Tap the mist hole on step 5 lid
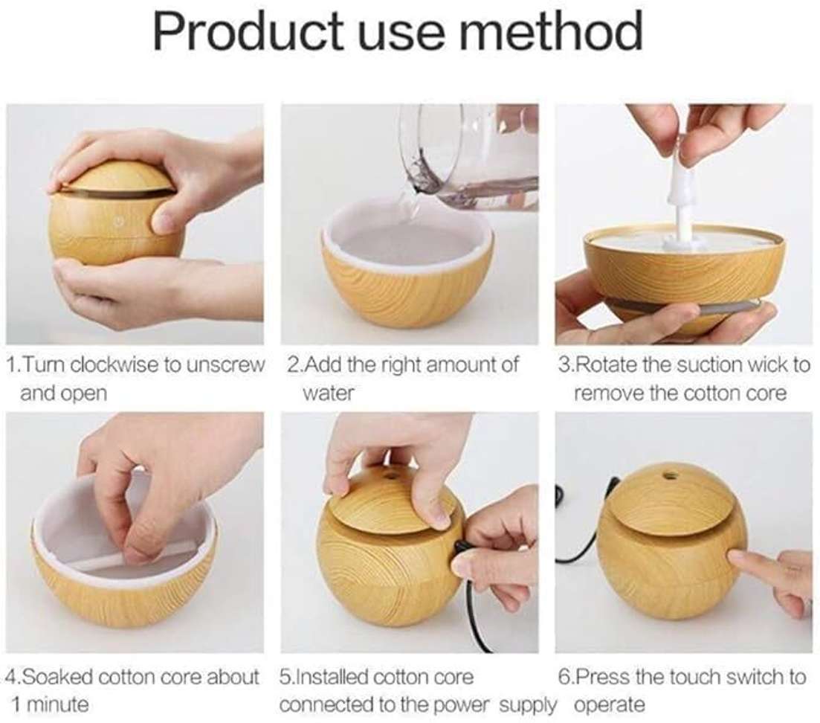pyautogui.click(x=391, y=473)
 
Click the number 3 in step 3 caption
pyautogui.click(x=564, y=365)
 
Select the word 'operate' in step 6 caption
pyautogui.click(x=610, y=704)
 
